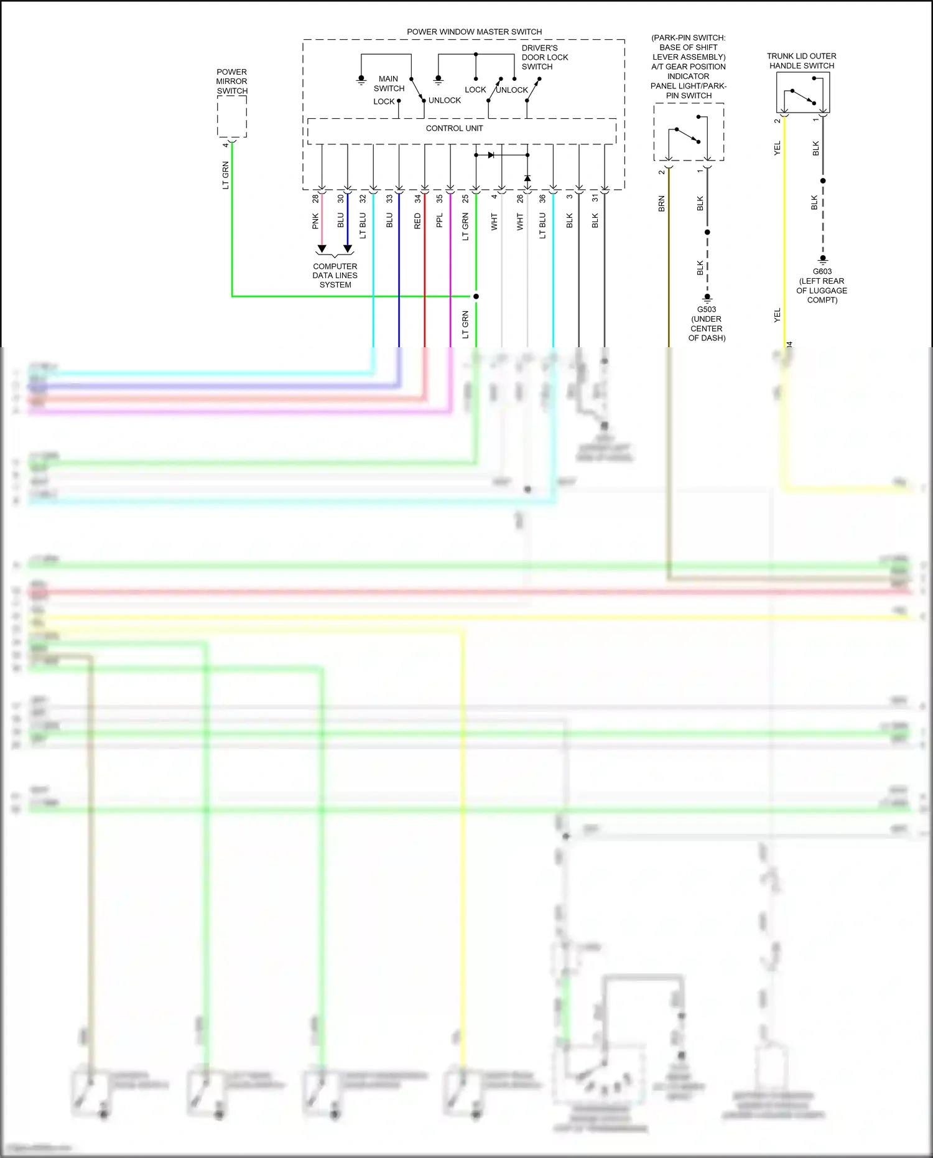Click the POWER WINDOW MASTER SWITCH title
click(474, 32)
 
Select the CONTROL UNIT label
click(454, 128)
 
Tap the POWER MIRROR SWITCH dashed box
click(232, 116)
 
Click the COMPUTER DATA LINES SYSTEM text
click(335, 276)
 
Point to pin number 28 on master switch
click(315, 198)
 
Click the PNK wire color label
click(315, 221)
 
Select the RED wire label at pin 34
click(417, 221)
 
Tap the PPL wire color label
click(439, 220)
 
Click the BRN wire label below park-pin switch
click(661, 204)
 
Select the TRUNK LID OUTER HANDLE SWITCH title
click(801, 61)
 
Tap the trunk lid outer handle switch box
click(802, 92)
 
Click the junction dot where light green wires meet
click(476, 296)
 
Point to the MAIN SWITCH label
click(389, 83)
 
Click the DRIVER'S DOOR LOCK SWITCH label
click(544, 57)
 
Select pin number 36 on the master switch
click(542, 198)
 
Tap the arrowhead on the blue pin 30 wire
click(348, 249)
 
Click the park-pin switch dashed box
click(688, 132)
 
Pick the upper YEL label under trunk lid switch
click(777, 149)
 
